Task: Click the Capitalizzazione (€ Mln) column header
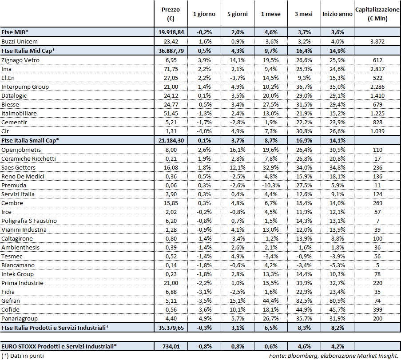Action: coord(377,14)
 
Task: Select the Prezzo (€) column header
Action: coord(170,14)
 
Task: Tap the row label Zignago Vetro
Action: coord(20,60)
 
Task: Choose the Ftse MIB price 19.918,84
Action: coord(171,32)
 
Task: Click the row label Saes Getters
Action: coord(19,167)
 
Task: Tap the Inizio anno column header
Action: coord(337,14)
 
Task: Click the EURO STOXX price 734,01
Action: coord(171,346)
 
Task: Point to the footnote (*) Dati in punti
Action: coord(23,356)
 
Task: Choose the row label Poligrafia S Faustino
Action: coord(29,221)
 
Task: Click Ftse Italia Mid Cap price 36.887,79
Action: coord(171,51)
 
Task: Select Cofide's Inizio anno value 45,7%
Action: coord(337,309)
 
